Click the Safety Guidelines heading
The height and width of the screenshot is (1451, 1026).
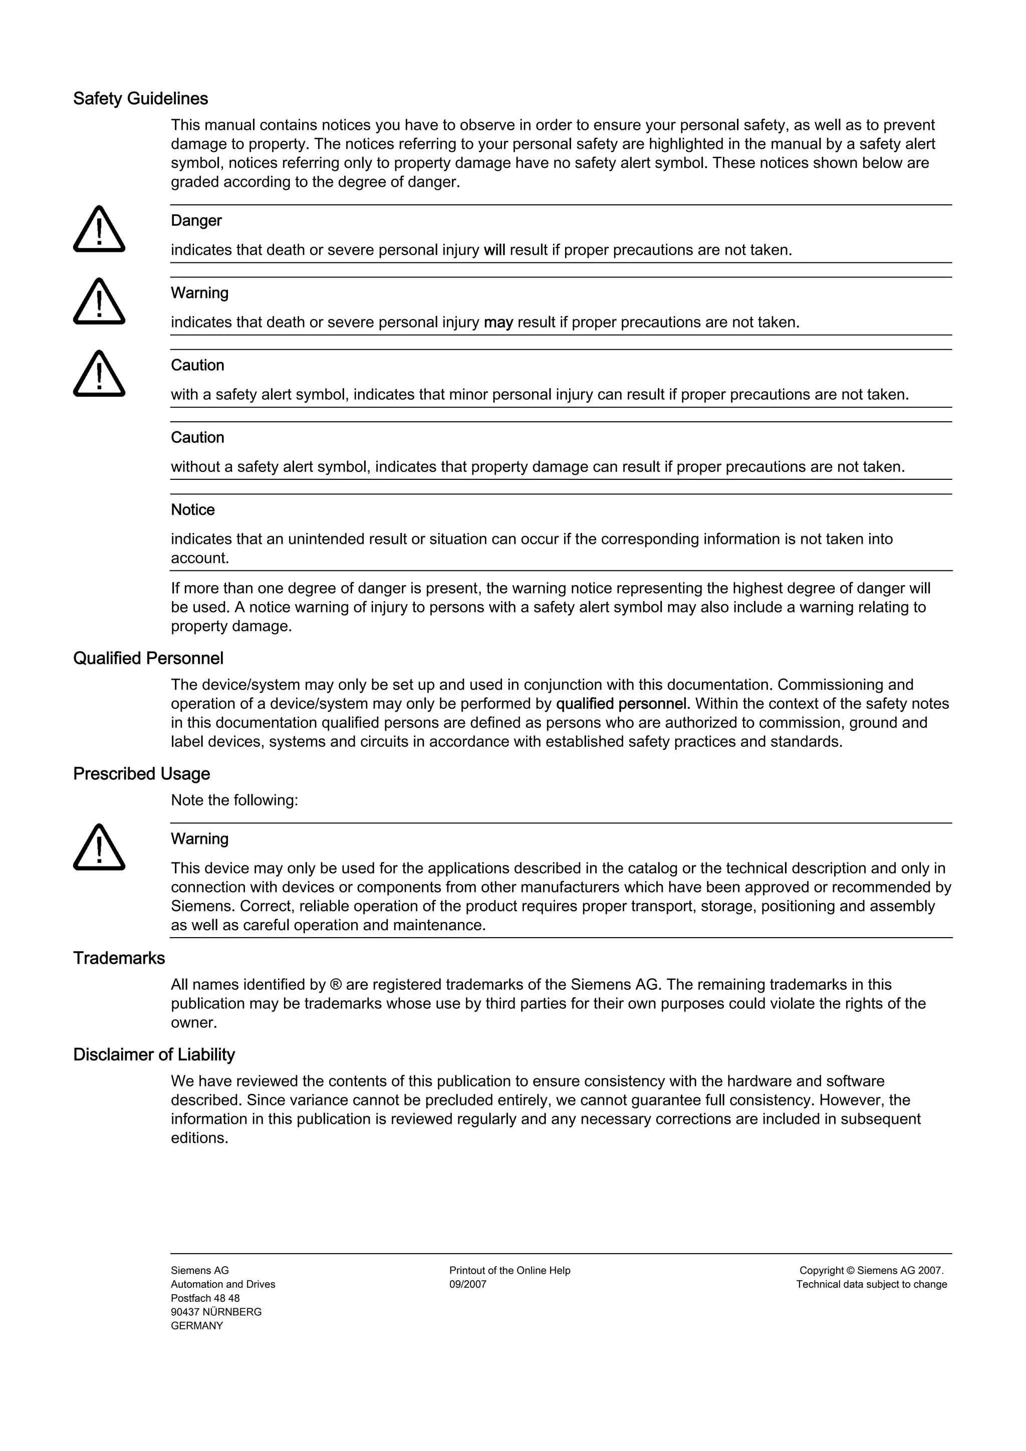(140, 99)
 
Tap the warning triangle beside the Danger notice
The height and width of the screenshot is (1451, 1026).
(99, 229)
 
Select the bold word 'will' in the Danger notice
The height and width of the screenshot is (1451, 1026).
(494, 250)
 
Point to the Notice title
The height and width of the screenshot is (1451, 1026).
(193, 510)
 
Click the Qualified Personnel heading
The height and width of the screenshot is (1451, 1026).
(148, 659)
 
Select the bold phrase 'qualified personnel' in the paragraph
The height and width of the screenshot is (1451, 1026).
(621, 704)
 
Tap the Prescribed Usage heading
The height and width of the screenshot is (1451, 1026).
(142, 774)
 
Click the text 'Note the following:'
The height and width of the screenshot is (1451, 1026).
(234, 801)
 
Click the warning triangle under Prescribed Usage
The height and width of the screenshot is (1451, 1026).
(99, 847)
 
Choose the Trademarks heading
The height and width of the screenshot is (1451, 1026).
(119, 959)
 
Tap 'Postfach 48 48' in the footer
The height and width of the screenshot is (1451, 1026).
(205, 1299)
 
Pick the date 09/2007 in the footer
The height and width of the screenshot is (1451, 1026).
(468, 1285)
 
